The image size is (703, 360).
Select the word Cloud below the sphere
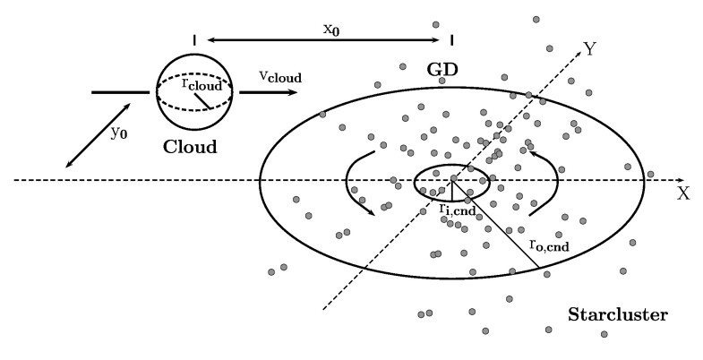tap(189, 146)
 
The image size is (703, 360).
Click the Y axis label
tap(589, 48)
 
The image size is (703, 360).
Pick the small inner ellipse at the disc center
tap(451, 168)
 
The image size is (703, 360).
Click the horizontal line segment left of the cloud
tap(120, 91)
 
